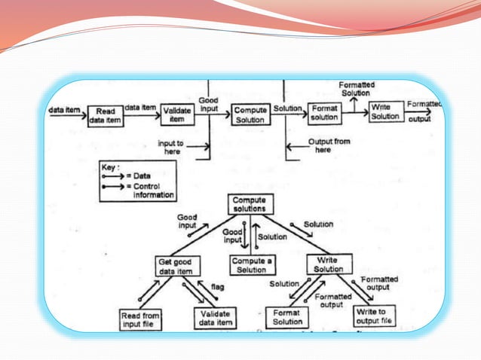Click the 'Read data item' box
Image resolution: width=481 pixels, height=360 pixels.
tap(105, 116)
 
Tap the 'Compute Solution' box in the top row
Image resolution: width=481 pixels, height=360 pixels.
tap(250, 114)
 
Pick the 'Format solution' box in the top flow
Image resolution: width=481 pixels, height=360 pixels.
tap(325, 114)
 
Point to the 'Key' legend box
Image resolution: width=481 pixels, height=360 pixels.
tap(137, 181)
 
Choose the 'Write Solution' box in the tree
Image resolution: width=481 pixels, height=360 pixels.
tap(328, 264)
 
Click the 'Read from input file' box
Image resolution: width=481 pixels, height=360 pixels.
tap(139, 319)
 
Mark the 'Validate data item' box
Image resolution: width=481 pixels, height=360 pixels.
tap(216, 319)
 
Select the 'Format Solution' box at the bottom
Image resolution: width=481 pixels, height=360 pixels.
tap(287, 318)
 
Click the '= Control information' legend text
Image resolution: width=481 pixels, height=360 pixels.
tap(154, 191)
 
